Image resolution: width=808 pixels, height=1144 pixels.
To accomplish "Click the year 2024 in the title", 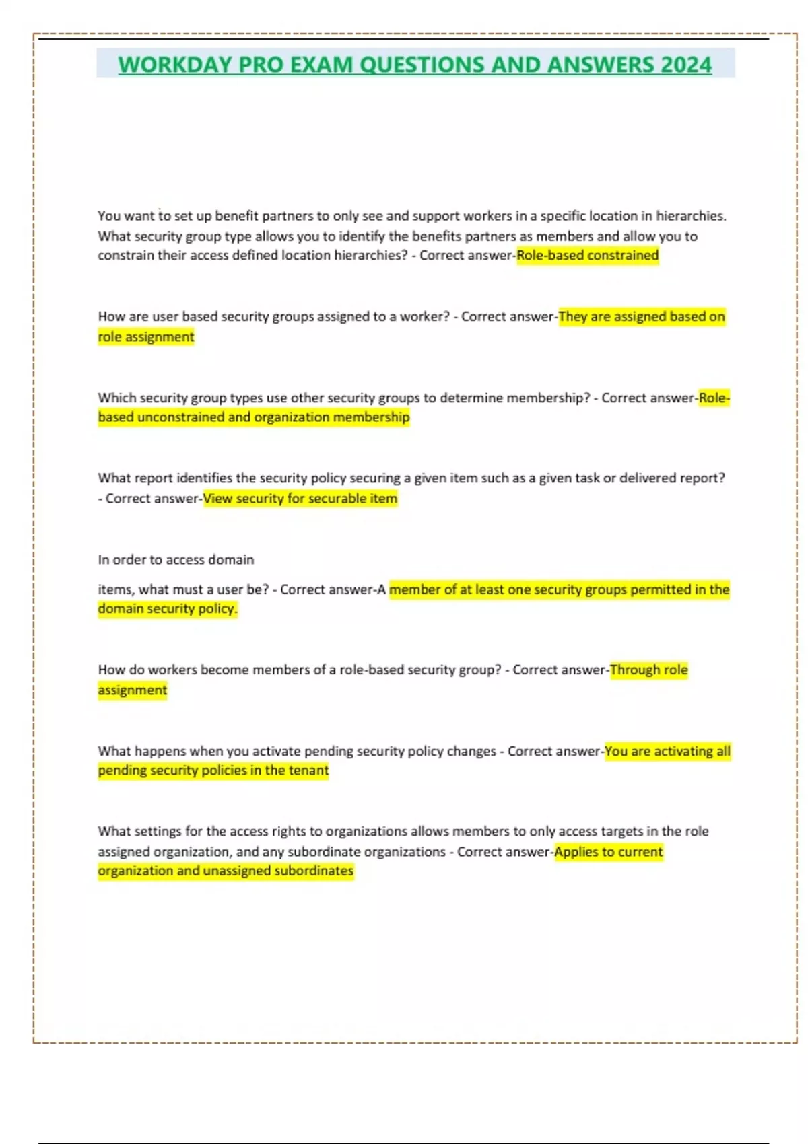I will point(685,65).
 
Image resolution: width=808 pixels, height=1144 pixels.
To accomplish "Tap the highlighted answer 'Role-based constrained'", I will point(587,256).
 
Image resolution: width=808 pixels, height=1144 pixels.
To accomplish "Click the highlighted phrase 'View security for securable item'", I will point(300,499).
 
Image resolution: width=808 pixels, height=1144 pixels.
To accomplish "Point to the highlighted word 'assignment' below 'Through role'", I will point(133,690).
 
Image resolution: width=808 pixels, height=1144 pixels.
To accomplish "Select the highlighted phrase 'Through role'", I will point(648,670).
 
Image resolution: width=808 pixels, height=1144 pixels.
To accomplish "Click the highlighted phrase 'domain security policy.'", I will point(168,608).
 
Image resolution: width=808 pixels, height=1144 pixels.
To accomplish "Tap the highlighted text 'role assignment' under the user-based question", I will point(146,336).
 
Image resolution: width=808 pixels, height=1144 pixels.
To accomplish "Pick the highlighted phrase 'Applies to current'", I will point(608,851).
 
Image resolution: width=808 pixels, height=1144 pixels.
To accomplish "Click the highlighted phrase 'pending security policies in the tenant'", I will point(213,771).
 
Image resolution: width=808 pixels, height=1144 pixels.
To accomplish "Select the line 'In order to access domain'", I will point(176,559).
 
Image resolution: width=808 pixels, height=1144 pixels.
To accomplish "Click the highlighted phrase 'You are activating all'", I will point(667,751).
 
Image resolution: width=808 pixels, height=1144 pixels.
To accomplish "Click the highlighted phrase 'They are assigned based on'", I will point(642,316).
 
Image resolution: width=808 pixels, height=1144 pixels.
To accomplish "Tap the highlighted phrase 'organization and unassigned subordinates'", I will point(226,871).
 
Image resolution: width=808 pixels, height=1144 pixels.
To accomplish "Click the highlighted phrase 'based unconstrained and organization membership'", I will point(254,417).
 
